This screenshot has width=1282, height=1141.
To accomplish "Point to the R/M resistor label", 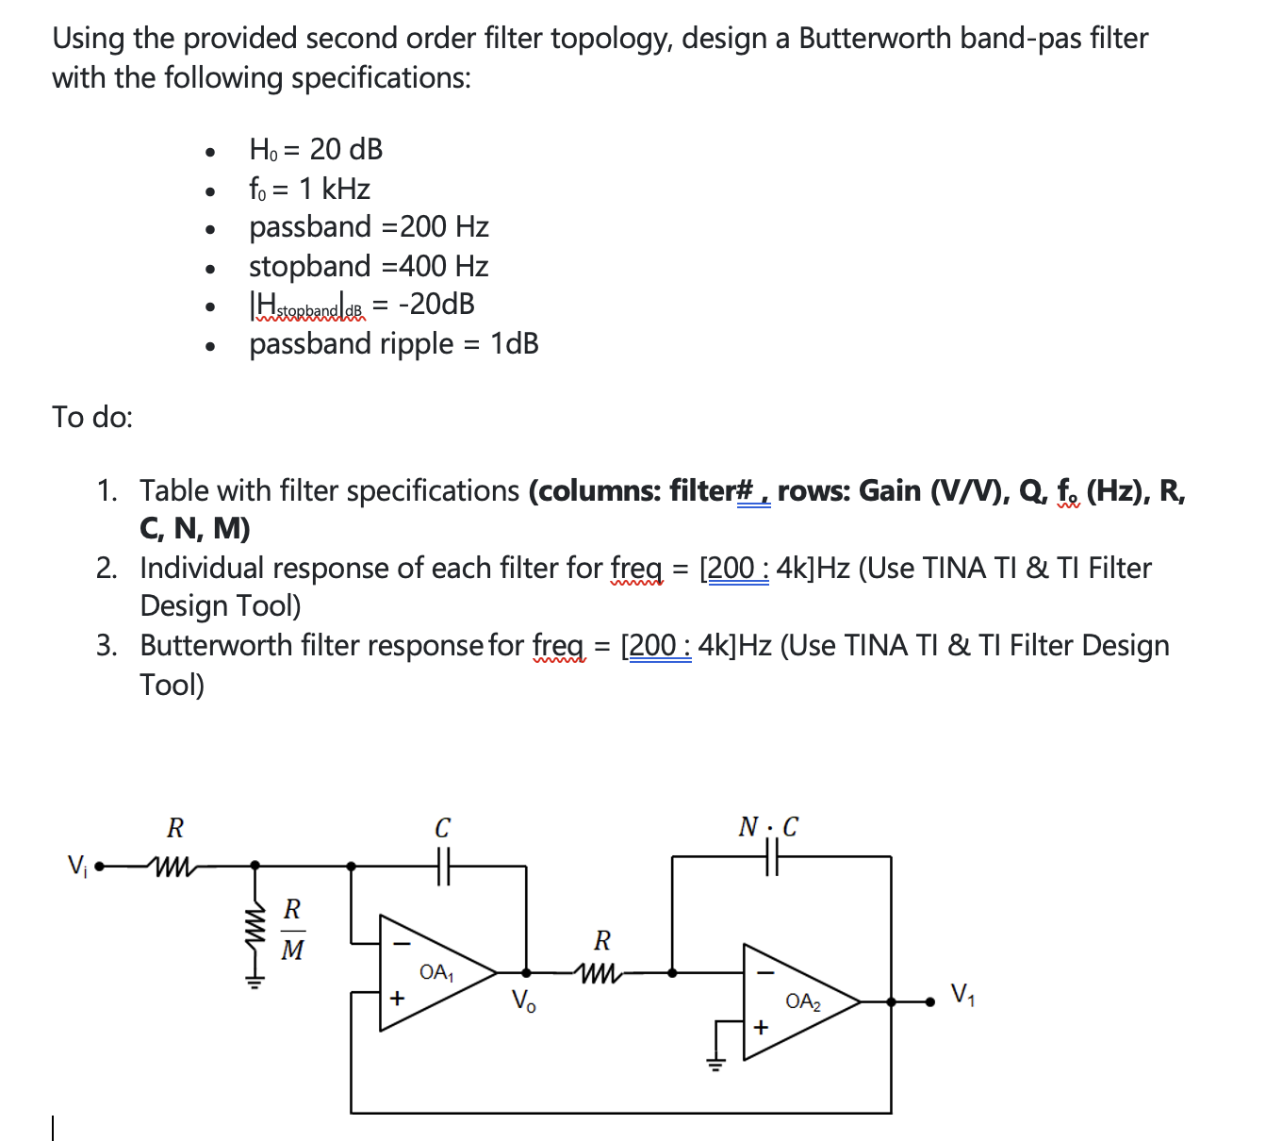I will (x=292, y=930).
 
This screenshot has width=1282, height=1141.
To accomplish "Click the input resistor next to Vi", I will (x=173, y=865).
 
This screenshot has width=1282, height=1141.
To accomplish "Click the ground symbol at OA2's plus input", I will (x=716, y=1064).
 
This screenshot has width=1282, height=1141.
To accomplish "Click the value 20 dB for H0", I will (x=346, y=149).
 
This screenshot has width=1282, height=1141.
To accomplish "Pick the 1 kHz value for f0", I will (x=334, y=189).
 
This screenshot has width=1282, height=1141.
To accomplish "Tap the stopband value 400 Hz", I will (x=443, y=266).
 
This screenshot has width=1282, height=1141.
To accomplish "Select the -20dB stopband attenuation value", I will (x=436, y=304).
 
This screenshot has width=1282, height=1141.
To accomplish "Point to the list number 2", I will (x=107, y=568).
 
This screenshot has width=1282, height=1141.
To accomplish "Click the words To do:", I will (x=92, y=416).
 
